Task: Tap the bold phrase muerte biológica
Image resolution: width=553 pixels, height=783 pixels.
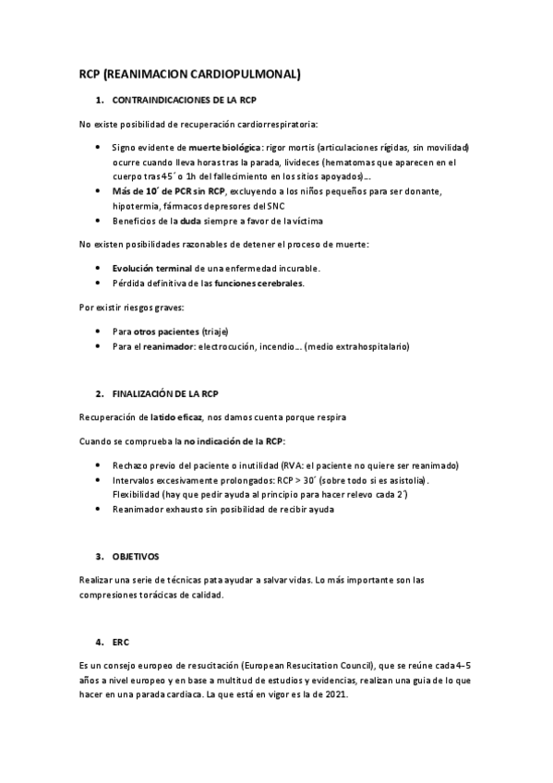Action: (224, 148)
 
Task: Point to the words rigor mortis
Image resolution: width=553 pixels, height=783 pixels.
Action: (292, 148)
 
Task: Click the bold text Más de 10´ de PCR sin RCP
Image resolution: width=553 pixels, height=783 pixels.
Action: (168, 191)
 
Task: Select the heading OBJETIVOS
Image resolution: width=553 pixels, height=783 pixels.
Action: (136, 557)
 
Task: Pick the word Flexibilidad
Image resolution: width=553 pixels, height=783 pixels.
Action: (137, 495)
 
